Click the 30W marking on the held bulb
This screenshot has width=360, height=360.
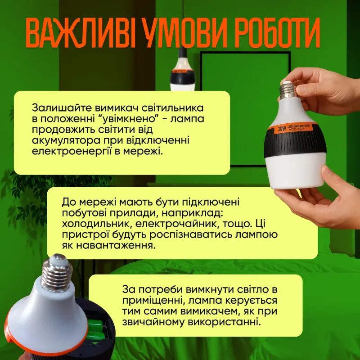282,129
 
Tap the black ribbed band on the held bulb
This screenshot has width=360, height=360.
295,144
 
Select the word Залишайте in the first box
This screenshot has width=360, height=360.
62,108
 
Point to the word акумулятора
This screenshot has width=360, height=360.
66,141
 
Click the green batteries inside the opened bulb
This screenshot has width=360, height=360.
96,330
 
